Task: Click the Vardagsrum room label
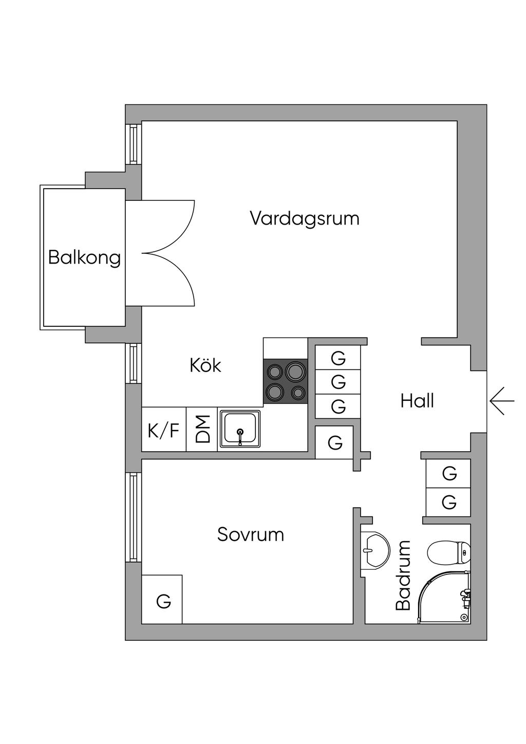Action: (x=304, y=218)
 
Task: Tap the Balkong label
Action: (x=84, y=257)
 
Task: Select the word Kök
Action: (x=205, y=365)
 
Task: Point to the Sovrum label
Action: (x=250, y=534)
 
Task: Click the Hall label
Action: (x=417, y=401)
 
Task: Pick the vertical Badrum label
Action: (x=404, y=575)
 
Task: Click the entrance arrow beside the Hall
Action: (x=502, y=401)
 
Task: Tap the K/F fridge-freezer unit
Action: (x=163, y=430)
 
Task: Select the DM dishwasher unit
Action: (x=202, y=430)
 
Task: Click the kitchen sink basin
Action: (x=240, y=429)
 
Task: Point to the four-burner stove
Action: (x=285, y=381)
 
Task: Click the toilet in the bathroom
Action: (x=448, y=553)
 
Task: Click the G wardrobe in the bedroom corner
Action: (x=162, y=600)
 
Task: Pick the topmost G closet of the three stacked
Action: (x=337, y=358)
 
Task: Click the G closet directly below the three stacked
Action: (x=334, y=442)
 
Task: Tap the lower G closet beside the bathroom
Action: (x=448, y=501)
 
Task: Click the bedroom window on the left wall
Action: (x=134, y=517)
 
